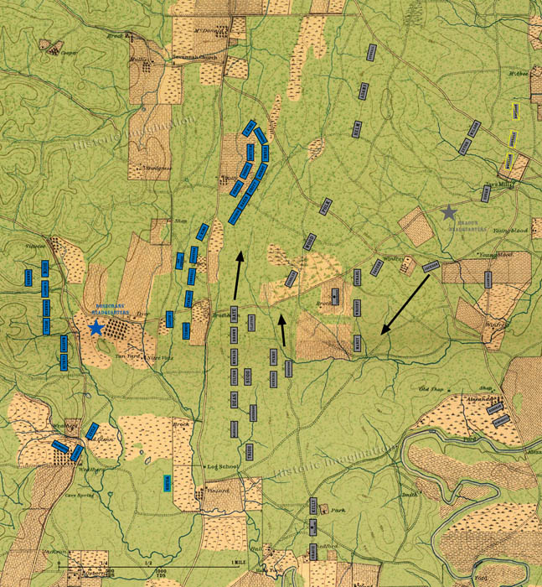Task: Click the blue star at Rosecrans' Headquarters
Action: (x=96, y=327)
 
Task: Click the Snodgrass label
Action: (x=157, y=167)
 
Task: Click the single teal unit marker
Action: (x=168, y=482)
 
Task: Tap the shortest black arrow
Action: (x=282, y=330)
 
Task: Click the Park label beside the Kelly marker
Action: (x=338, y=510)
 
